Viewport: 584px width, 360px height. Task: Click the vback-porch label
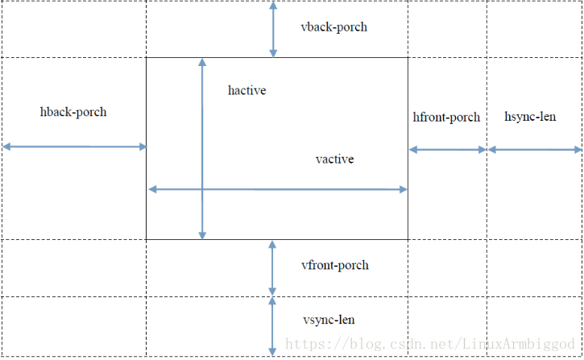(333, 27)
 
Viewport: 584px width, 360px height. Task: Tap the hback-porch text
(73, 112)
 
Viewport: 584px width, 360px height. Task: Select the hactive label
(247, 90)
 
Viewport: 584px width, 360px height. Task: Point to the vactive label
(334, 159)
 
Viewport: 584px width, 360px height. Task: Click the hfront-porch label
(446, 118)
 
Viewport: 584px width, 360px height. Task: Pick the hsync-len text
(530, 117)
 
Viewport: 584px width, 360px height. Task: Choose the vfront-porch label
(335, 265)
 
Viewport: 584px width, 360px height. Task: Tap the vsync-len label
(329, 321)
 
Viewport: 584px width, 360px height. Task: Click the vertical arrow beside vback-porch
(273, 30)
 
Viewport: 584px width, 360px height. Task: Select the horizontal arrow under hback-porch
(74, 147)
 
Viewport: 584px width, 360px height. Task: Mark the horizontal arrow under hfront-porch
(448, 150)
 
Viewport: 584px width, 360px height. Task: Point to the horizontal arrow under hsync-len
(535, 150)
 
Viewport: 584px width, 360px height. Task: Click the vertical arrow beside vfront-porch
(272, 268)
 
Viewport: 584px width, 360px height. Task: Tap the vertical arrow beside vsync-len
(272, 326)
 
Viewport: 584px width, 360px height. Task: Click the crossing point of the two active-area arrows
(202, 189)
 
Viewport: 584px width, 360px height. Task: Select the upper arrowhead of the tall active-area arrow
(202, 62)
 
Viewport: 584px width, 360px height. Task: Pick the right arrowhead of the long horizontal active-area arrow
(404, 189)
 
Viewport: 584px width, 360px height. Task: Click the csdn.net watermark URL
(430, 344)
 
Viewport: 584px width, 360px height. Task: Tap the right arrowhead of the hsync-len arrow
(578, 150)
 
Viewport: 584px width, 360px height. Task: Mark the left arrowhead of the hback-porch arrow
(6, 147)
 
